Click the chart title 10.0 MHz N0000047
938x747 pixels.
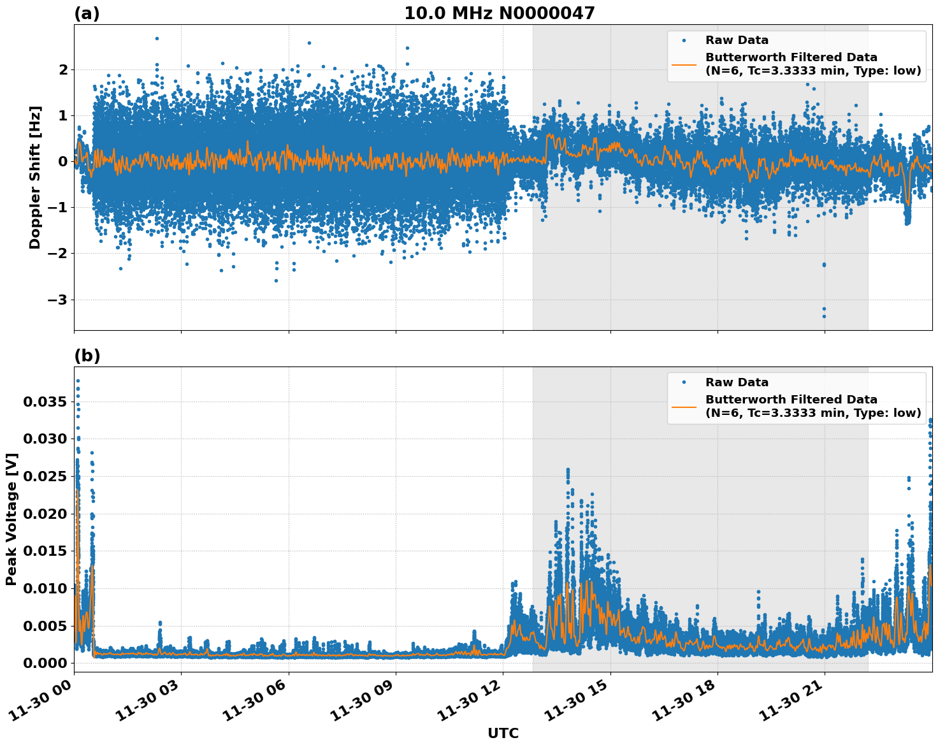tap(499, 13)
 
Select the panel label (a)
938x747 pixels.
tap(87, 13)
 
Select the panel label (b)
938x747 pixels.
tap(87, 356)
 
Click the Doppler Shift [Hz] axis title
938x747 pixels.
tap(35, 177)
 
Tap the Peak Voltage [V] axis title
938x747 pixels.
tap(11, 519)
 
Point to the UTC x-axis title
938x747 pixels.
tap(503, 733)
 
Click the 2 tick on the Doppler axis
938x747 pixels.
tap(63, 69)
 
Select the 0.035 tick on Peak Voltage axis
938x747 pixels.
tap(45, 402)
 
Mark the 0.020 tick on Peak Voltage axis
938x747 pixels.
tap(45, 514)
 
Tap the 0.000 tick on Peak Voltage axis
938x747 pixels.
tap(45, 663)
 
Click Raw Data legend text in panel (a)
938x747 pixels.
tap(737, 40)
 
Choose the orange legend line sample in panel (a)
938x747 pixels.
tap(684, 64)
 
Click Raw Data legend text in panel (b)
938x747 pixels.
tap(737, 382)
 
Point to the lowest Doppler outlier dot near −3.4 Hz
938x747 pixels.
tap(824, 316)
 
